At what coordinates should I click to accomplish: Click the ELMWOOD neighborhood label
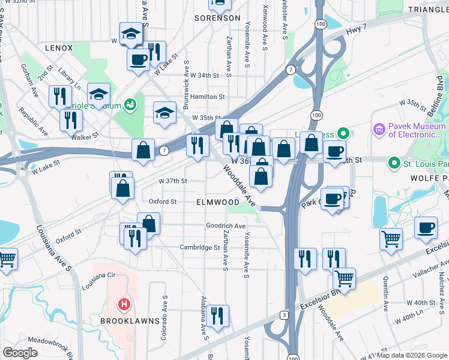pos(217,203)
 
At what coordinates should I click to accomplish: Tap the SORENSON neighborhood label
pos(217,18)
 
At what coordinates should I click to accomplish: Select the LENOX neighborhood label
pos(58,48)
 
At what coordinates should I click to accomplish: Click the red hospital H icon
pos(124,305)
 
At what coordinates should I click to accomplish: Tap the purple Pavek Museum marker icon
pos(379,129)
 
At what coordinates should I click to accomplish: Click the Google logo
pos(20,353)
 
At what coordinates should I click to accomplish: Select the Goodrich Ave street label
pos(226,226)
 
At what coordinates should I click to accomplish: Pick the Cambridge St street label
pos(200,247)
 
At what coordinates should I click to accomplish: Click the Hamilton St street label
pos(208,97)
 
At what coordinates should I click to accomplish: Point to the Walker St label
pos(85,136)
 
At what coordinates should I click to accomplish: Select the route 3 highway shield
pos(283,314)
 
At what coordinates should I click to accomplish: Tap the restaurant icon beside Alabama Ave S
pos(218,314)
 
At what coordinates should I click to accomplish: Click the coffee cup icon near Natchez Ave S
pos(426,228)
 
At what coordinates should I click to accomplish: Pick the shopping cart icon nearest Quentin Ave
pos(391,239)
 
